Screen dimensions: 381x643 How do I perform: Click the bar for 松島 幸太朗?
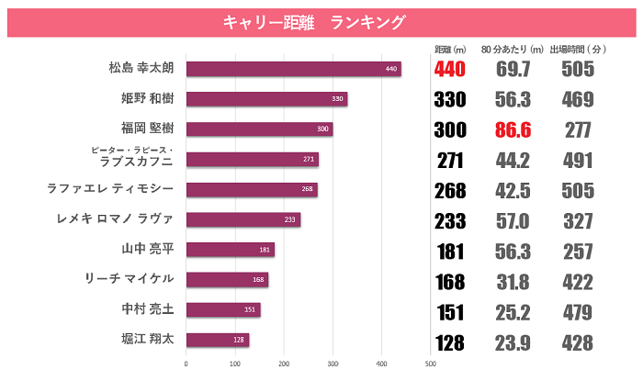coord(294,69)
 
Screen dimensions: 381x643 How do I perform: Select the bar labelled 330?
coord(266,99)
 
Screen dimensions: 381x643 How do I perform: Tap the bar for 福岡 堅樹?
coord(259,129)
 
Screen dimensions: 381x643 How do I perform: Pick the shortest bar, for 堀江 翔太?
coord(218,340)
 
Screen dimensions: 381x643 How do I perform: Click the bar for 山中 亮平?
coord(231,250)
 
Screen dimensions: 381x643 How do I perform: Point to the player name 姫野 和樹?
coord(141,99)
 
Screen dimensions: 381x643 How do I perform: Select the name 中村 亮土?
coord(141,309)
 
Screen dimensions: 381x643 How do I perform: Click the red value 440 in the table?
coord(450,70)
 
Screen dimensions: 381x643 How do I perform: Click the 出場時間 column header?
coord(577,48)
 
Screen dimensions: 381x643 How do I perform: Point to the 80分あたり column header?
coord(512,48)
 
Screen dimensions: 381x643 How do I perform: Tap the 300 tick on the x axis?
coord(333,364)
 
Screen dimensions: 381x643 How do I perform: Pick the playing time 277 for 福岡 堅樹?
coord(578,129)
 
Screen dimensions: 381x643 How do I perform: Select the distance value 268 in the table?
coord(450,190)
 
